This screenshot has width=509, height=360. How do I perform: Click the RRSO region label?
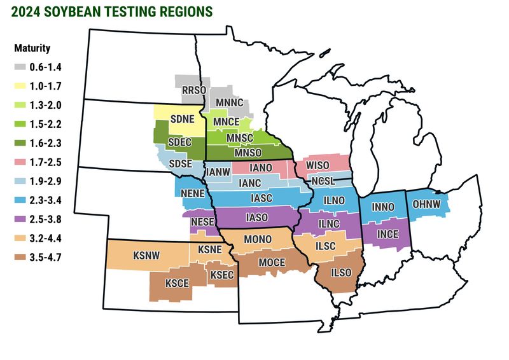(x=190, y=90)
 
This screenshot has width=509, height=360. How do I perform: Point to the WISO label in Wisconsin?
(x=317, y=165)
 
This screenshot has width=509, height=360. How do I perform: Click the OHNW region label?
(x=426, y=204)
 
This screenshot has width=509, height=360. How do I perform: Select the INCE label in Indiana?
(x=388, y=233)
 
